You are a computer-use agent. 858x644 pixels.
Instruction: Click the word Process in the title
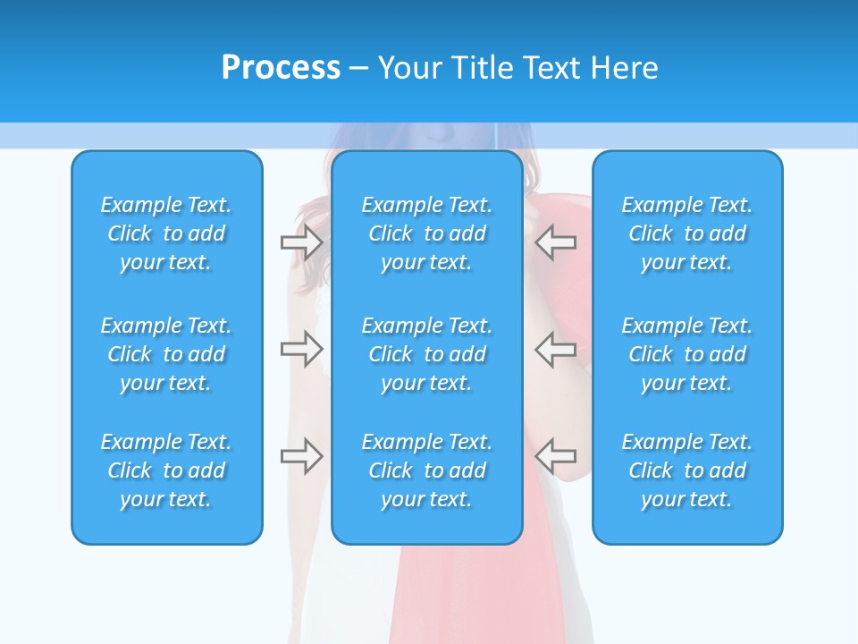pos(281,68)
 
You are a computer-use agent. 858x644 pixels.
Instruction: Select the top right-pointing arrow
pos(302,242)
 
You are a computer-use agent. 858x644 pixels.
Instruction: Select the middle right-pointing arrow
pos(302,349)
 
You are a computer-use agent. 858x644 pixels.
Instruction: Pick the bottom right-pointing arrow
pos(302,456)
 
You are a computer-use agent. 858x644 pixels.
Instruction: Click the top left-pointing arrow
pos(556,242)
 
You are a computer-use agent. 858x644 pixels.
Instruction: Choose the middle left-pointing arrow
pos(556,349)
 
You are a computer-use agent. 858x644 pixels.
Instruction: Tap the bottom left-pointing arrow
pos(556,456)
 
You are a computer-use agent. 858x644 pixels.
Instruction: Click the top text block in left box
pos(166,233)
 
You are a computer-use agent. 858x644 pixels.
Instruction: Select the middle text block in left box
pos(166,354)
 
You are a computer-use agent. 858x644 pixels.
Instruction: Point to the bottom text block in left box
pos(166,470)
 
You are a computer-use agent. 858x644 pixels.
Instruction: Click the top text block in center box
pos(426,233)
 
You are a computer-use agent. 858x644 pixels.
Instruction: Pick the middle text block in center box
pos(426,354)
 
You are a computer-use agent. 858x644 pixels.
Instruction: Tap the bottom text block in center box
pos(426,470)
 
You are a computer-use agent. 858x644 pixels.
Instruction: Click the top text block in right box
pos(687,233)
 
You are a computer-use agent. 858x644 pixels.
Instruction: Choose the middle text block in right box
pos(687,354)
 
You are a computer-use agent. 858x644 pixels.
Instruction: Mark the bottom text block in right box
pos(687,470)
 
